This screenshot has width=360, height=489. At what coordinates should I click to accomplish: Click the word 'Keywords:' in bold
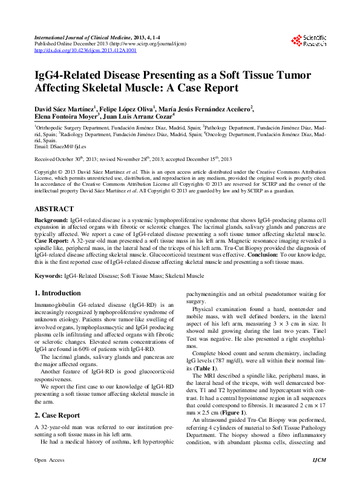(x=48, y=275)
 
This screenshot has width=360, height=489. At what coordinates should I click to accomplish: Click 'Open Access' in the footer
(x=48, y=478)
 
